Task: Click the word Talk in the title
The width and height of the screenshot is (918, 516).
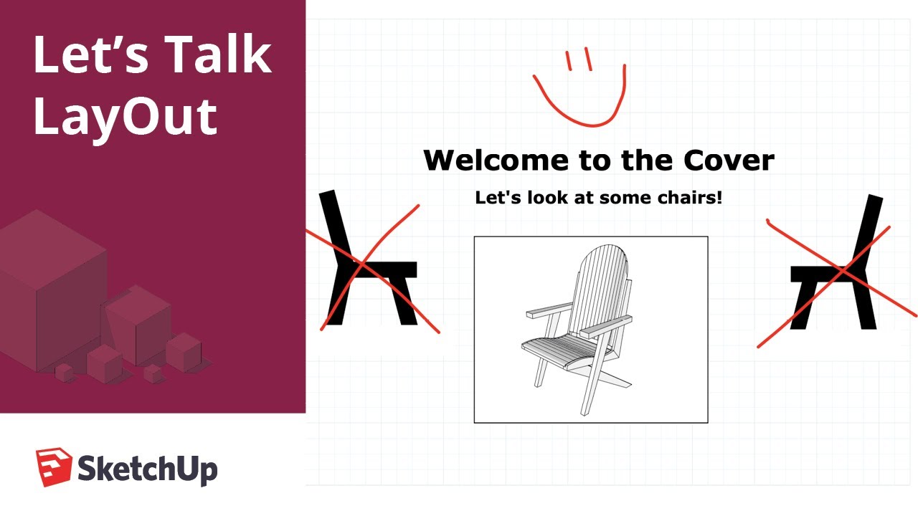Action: coord(215,55)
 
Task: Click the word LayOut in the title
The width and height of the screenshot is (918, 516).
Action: coord(126,117)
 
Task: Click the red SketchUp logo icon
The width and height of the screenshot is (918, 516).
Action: coord(54,467)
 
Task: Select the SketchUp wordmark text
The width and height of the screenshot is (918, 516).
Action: coord(147,469)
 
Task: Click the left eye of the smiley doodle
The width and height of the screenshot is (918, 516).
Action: coord(568,61)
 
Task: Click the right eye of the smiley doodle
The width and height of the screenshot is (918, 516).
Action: coord(588,59)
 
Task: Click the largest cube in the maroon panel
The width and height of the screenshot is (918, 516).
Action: coord(50,287)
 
